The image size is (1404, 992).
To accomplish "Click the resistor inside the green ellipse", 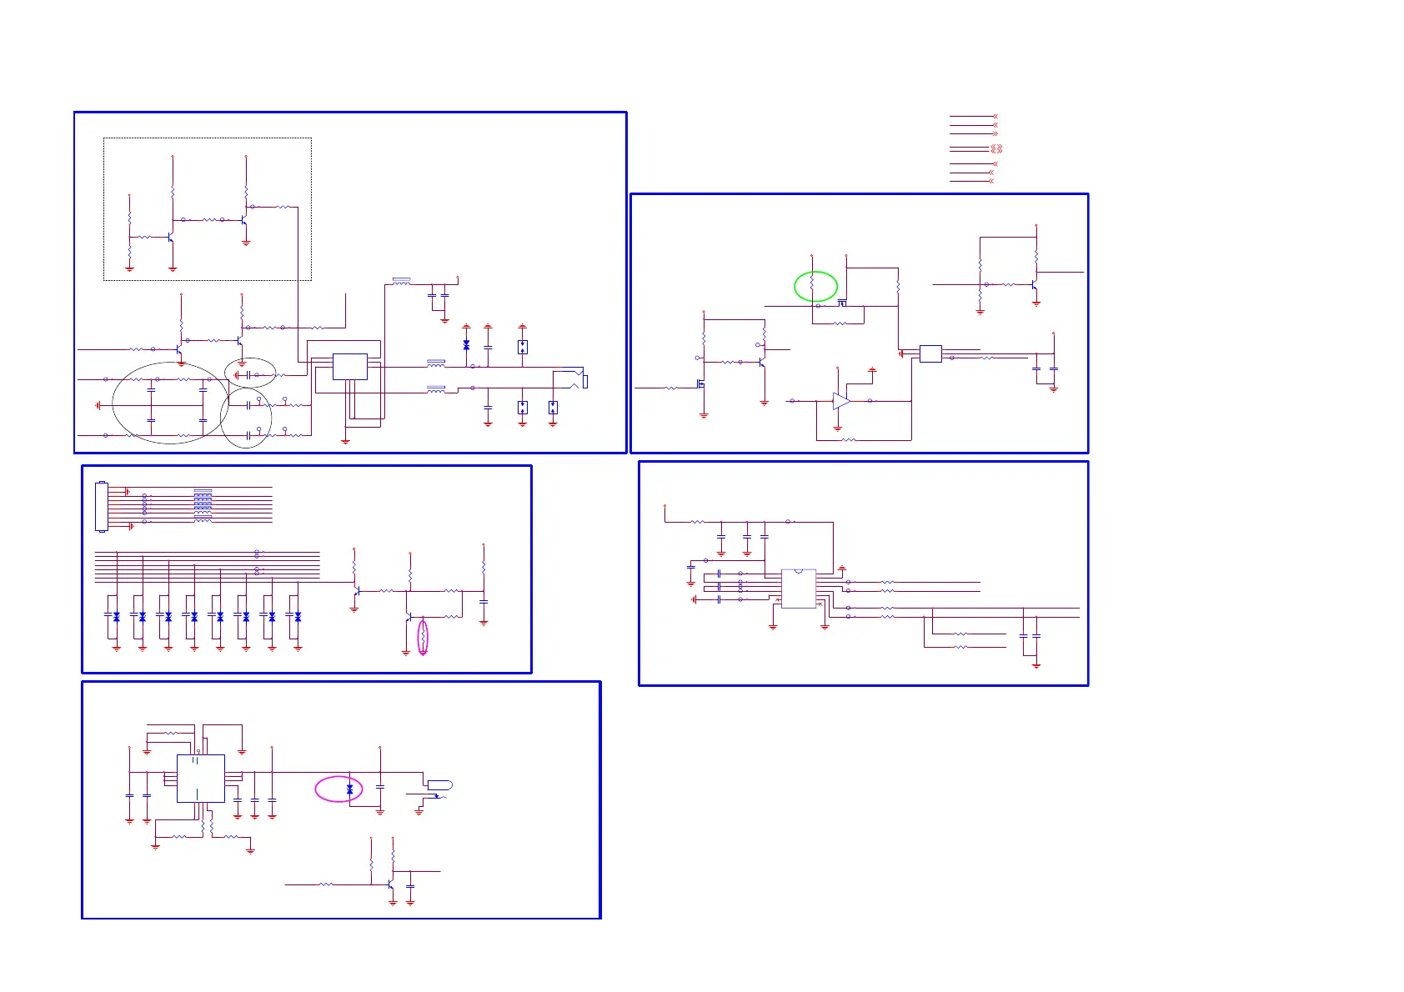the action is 812,286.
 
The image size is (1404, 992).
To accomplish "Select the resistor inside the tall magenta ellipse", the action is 423,638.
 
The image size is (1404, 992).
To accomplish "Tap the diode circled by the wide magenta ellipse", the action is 349,789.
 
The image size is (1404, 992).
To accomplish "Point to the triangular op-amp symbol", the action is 842,401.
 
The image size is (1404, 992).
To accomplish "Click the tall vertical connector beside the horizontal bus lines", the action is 102,506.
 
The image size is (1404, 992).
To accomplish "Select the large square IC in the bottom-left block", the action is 201,779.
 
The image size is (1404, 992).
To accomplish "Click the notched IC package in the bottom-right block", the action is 799,589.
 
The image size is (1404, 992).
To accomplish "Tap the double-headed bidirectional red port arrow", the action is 995,148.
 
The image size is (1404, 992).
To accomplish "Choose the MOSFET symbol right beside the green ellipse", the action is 842,303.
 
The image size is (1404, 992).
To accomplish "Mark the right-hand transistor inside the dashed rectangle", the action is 243,220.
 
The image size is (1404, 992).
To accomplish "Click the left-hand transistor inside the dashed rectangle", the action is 170,237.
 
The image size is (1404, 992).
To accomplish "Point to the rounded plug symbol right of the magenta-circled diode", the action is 439,785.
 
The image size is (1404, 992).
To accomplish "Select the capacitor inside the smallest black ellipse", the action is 248,375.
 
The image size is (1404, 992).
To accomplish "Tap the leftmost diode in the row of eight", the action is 116,617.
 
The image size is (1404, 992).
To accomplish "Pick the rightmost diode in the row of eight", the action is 298,617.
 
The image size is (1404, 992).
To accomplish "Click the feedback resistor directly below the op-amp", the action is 848,439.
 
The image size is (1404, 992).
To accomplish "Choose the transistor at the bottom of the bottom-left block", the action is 390,885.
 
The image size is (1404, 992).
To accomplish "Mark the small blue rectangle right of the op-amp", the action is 930,353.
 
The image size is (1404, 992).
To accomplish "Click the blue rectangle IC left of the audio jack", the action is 349,367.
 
